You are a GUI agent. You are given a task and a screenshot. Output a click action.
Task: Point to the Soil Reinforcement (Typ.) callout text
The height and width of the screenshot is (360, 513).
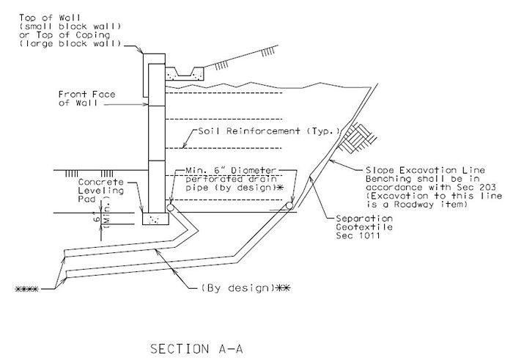(269, 132)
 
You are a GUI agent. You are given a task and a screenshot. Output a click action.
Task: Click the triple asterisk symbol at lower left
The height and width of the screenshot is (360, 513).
(28, 289)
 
